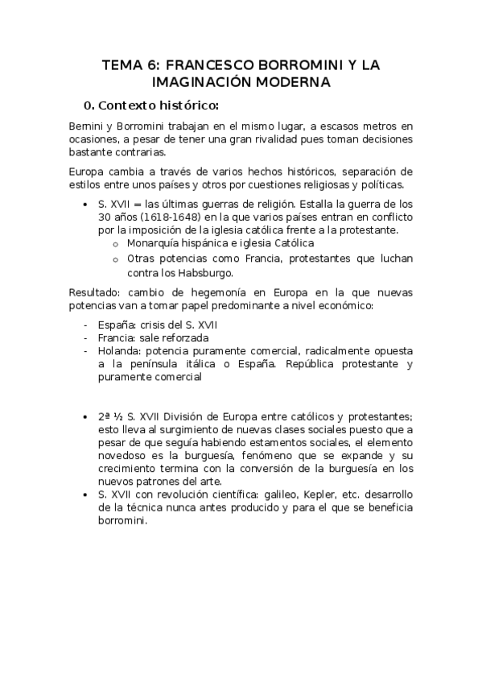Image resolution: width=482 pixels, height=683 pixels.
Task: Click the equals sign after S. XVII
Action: [138, 205]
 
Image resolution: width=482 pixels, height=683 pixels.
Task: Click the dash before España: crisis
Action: [86, 325]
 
